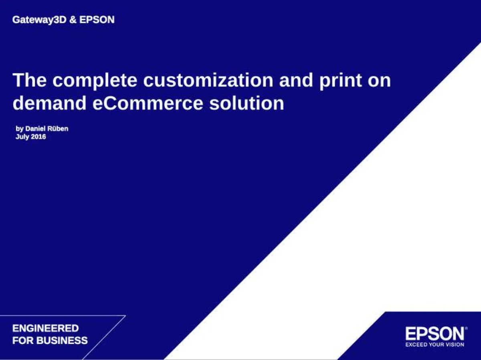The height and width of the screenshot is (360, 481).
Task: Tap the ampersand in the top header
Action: click(x=73, y=20)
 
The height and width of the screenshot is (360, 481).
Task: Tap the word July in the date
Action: click(x=22, y=137)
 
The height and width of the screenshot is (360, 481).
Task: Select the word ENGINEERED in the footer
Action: click(x=45, y=329)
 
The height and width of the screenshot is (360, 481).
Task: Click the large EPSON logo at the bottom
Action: click(x=435, y=334)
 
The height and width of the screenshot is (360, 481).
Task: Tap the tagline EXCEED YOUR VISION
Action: click(x=435, y=344)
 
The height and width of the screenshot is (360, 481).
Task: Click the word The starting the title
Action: click(x=30, y=81)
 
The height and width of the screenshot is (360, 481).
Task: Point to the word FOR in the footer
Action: click(x=20, y=341)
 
